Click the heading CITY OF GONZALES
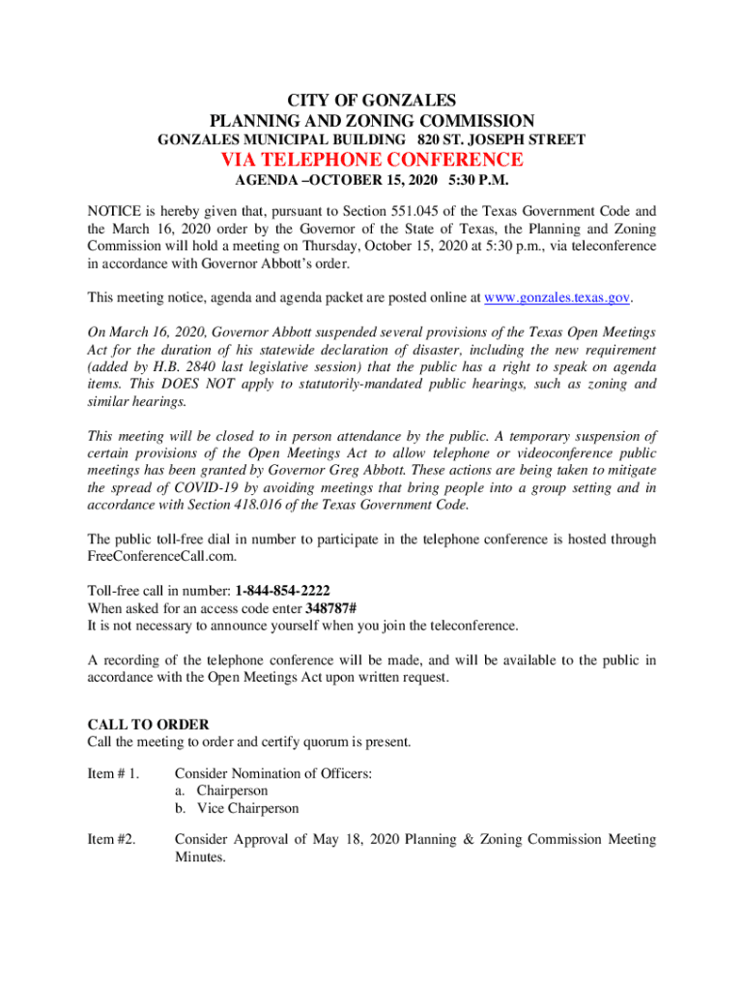point(372,101)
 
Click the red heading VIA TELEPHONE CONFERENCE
point(372,160)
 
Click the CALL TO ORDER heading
point(148,724)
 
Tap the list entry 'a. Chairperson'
point(220,791)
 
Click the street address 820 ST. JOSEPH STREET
point(501,140)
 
